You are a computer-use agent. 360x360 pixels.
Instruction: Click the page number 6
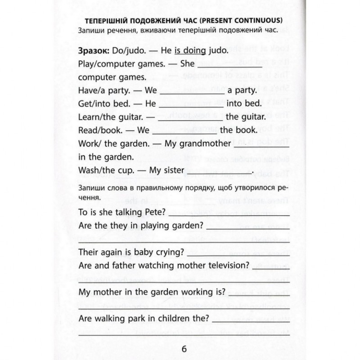coord(184,349)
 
